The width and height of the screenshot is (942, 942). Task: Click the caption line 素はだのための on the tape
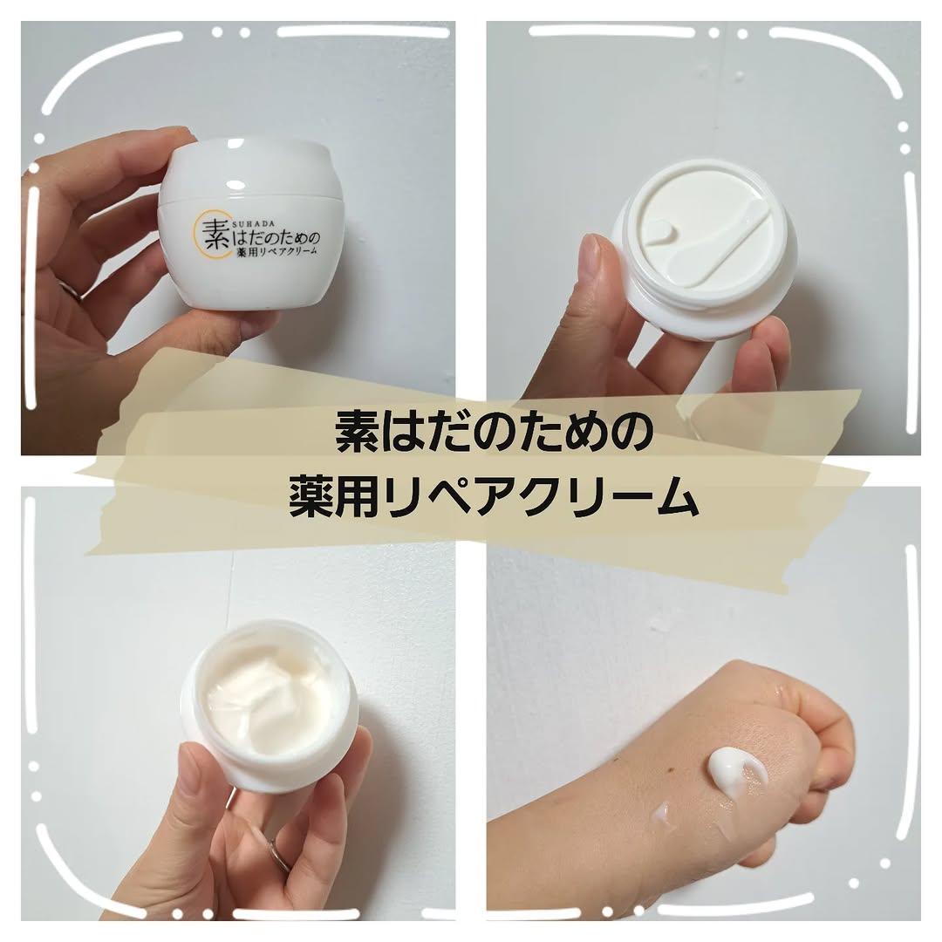495,434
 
